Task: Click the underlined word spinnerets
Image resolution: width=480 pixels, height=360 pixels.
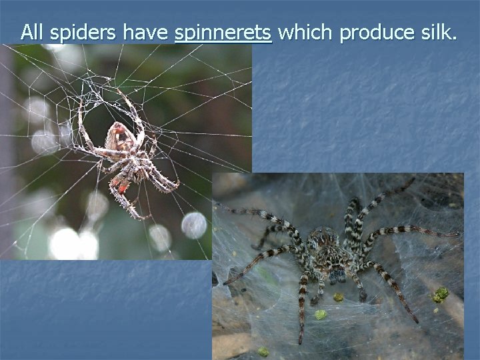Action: point(223,32)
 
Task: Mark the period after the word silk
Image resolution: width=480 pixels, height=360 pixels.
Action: point(455,39)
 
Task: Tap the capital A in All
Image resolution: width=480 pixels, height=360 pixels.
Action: point(26,31)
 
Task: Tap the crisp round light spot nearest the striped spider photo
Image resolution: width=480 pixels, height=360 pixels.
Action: point(194,225)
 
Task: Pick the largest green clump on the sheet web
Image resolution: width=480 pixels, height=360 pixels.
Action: point(440,294)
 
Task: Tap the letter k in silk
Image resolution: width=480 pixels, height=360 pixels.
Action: point(446,31)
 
